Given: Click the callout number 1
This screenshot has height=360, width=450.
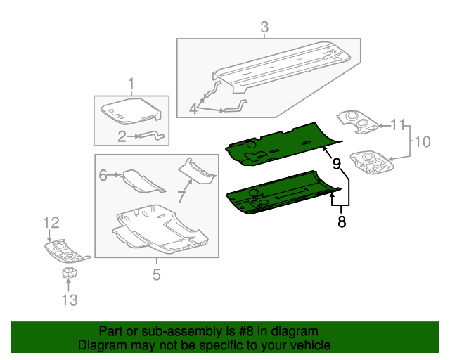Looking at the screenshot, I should click(x=131, y=86).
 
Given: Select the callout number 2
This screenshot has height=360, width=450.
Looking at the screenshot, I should click(x=122, y=136).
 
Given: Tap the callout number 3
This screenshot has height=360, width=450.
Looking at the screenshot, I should click(x=264, y=28).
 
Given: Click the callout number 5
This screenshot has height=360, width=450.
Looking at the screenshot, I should click(x=157, y=274).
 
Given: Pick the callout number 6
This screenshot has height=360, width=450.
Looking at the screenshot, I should click(x=103, y=175).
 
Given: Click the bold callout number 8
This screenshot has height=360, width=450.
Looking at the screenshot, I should click(x=342, y=222).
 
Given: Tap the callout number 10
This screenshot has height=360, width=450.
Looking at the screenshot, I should click(x=421, y=141).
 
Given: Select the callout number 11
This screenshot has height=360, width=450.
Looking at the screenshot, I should click(x=398, y=125).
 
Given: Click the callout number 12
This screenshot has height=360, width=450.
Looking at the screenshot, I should click(x=51, y=223).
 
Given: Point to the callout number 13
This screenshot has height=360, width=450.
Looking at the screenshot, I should click(x=68, y=300).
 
